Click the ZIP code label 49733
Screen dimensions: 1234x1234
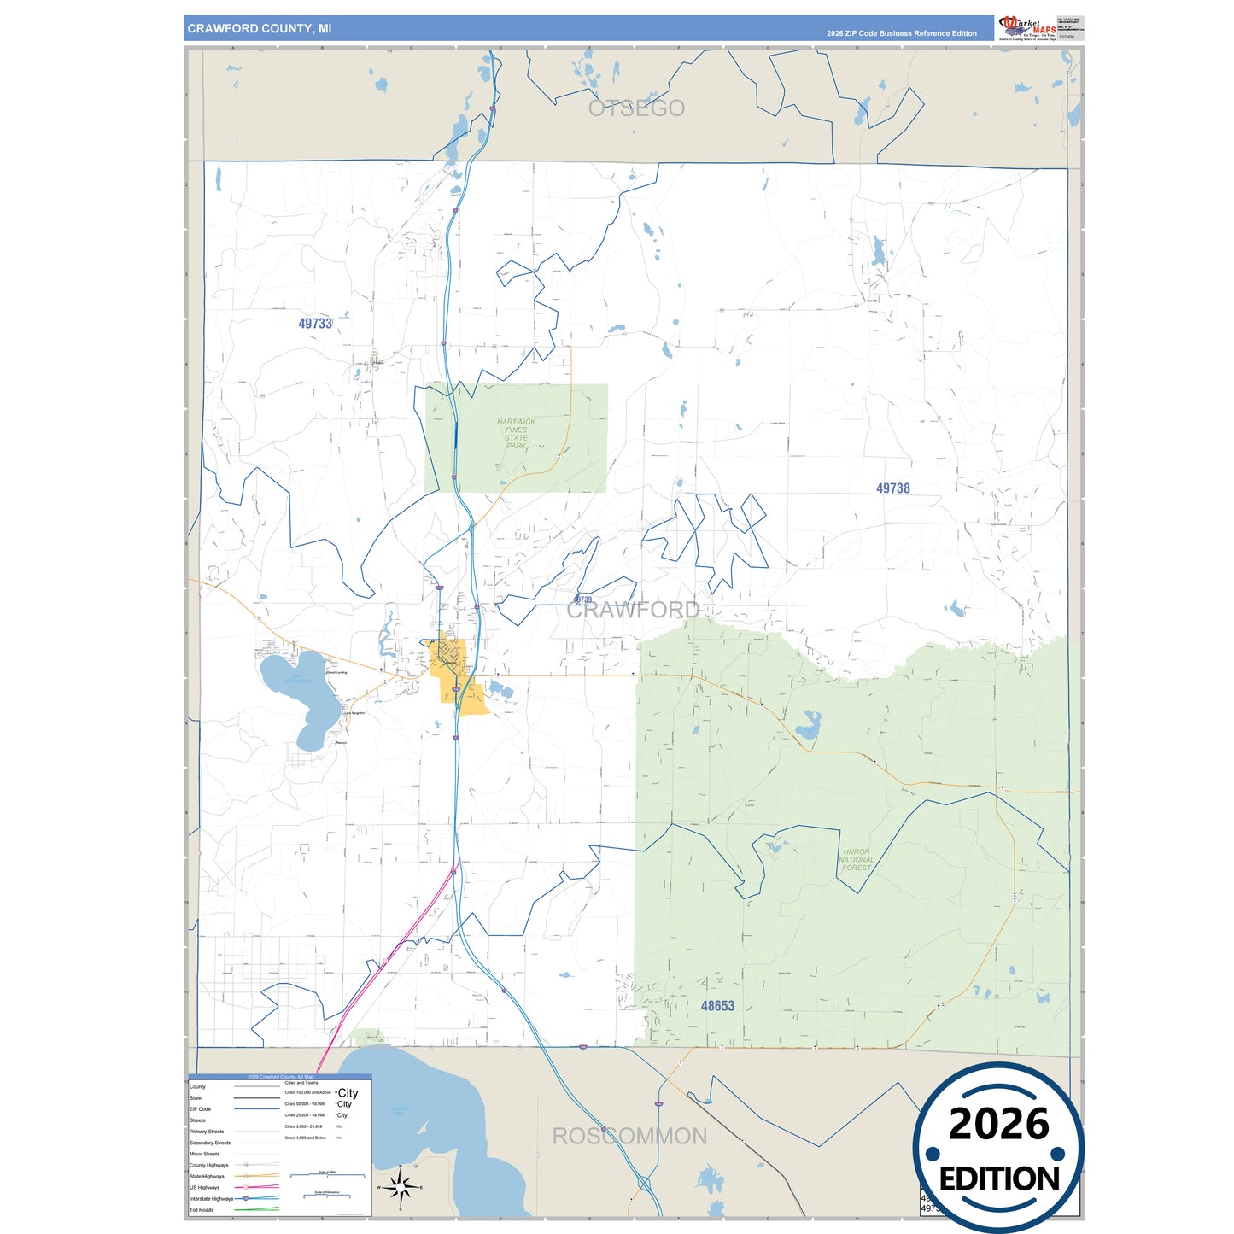click(315, 324)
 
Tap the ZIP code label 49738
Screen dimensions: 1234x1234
click(892, 488)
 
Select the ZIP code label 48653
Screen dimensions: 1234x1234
click(717, 1006)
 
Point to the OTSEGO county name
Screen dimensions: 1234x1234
click(636, 108)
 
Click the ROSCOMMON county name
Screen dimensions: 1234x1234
click(629, 1137)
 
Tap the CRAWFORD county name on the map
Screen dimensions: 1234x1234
click(633, 610)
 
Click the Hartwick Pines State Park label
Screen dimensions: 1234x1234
click(516, 434)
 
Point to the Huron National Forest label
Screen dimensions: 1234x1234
click(856, 860)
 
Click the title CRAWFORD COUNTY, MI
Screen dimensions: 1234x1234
click(260, 29)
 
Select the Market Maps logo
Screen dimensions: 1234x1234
click(1026, 27)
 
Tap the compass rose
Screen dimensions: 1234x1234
click(401, 1187)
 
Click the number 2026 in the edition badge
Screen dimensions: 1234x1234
click(998, 1124)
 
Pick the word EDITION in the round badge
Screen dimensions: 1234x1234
click(999, 1179)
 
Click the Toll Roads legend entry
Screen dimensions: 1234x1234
click(202, 1210)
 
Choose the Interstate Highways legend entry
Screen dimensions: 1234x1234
click(211, 1199)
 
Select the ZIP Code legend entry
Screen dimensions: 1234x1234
click(200, 1109)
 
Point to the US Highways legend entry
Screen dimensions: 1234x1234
click(204, 1188)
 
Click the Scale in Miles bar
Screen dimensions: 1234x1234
click(327, 1175)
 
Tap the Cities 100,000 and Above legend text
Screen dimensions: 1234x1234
click(307, 1092)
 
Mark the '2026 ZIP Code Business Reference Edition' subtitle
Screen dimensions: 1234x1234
click(901, 33)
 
